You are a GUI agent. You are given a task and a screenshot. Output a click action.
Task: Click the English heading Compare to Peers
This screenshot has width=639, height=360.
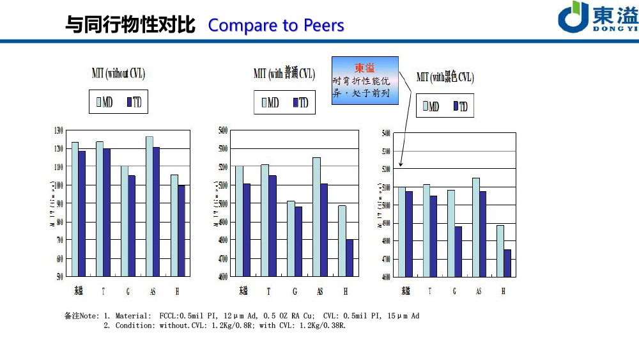tap(276, 26)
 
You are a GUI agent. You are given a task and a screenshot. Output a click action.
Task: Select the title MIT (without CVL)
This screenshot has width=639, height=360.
tap(118, 74)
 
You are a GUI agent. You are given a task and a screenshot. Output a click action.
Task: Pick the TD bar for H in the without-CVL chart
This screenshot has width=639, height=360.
tap(181, 231)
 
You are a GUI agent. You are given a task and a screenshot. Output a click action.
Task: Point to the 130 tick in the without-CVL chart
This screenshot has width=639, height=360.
tap(58, 130)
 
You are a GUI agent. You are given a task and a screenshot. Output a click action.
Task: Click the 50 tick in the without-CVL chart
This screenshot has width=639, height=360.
tap(59, 277)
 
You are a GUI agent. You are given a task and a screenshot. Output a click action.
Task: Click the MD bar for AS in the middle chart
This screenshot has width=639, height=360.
tap(316, 217)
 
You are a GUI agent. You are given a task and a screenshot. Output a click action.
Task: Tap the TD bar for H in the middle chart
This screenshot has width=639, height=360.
tap(350, 258)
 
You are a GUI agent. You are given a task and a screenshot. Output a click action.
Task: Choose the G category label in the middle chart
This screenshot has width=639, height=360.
tap(295, 292)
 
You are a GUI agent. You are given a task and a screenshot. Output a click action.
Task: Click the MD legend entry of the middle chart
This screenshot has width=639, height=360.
tap(270, 103)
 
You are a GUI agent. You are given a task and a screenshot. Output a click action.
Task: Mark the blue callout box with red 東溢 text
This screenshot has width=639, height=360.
tap(365, 81)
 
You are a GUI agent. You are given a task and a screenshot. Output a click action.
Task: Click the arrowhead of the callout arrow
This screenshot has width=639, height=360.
tap(401, 165)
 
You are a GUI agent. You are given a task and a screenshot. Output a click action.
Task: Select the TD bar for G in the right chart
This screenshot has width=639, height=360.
tap(458, 251)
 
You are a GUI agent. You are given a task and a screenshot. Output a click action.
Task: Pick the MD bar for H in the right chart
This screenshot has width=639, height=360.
tap(500, 251)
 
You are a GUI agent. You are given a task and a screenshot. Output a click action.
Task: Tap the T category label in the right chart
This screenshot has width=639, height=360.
tap(430, 292)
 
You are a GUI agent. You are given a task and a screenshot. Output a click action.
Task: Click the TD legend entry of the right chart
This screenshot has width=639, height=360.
tap(460, 107)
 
